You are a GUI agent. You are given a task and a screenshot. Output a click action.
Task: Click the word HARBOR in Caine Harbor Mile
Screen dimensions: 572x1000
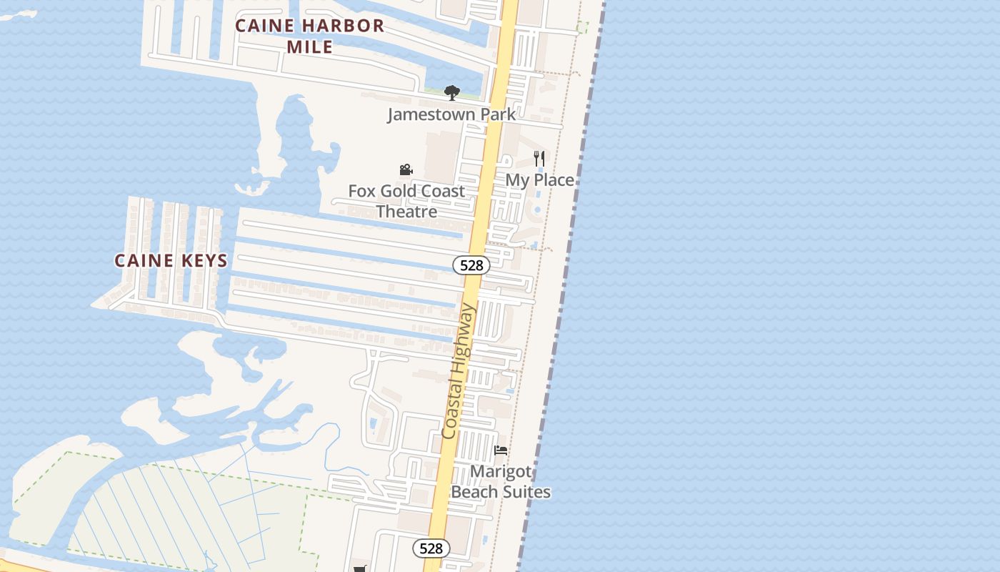click(x=344, y=26)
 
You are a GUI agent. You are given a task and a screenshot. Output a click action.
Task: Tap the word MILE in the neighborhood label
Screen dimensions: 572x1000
click(x=309, y=47)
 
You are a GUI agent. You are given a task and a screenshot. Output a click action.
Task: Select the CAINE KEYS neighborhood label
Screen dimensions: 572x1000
click(x=171, y=260)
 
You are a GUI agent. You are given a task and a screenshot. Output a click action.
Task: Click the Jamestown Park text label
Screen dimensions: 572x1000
click(x=451, y=114)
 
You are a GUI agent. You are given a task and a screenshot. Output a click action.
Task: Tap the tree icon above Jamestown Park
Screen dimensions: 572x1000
click(x=451, y=92)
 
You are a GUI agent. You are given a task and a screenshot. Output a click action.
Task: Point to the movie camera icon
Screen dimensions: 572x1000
click(x=406, y=170)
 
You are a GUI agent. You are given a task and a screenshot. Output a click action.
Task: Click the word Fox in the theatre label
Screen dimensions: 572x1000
click(x=361, y=191)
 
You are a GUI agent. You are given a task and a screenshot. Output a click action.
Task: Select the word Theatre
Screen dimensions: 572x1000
click(x=406, y=212)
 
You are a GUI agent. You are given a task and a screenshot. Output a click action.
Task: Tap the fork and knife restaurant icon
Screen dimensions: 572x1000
click(x=539, y=159)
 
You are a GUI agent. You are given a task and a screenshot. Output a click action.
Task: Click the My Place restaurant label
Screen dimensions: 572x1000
click(x=539, y=180)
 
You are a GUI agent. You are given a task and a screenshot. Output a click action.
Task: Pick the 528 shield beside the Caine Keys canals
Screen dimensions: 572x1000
click(x=471, y=265)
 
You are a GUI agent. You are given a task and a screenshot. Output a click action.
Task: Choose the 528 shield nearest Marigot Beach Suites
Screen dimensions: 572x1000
click(x=431, y=548)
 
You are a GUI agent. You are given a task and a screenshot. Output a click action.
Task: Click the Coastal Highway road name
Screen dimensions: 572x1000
click(x=459, y=372)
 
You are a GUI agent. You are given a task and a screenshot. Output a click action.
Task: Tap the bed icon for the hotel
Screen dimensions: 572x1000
click(x=501, y=450)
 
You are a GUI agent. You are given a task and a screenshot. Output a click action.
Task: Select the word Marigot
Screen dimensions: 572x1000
click(x=501, y=472)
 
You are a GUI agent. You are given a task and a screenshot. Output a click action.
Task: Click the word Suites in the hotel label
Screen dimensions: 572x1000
click(x=526, y=492)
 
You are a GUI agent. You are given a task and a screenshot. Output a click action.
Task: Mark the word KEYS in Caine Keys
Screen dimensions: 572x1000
click(x=203, y=260)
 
